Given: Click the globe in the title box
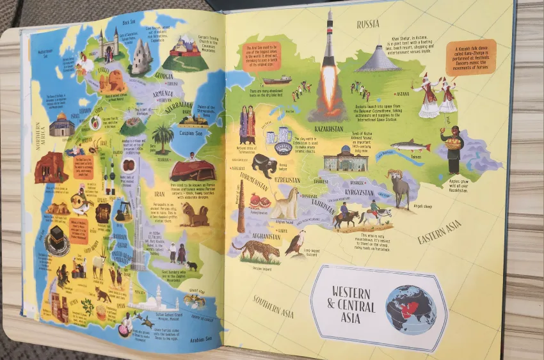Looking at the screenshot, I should [410, 309].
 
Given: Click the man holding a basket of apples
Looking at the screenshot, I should [452, 151].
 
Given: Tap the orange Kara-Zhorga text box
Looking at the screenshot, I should [471, 57].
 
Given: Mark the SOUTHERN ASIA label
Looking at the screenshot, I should [273, 307].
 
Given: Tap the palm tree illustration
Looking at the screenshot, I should [163, 137].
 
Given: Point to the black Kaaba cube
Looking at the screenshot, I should [60, 239].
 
